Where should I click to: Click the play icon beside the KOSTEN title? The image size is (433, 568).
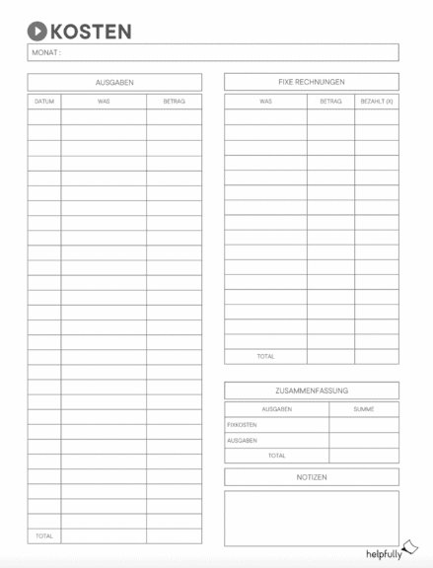[x=37, y=32]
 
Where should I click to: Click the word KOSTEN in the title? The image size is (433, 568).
[x=91, y=32]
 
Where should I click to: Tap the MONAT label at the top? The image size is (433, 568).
[x=45, y=52]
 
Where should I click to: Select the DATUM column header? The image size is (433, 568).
[x=44, y=101]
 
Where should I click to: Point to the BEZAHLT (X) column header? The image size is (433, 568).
[x=377, y=101]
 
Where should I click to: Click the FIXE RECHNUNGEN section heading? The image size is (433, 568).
[x=312, y=82]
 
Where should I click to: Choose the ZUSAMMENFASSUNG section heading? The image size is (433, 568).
[x=312, y=390]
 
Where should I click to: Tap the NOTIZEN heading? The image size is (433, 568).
[x=312, y=477]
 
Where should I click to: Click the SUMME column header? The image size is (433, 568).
[x=364, y=409]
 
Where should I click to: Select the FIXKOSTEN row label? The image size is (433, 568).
[x=242, y=425]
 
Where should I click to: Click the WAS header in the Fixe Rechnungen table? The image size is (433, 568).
[x=265, y=101]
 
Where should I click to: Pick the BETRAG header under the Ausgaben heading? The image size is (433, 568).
[x=174, y=101]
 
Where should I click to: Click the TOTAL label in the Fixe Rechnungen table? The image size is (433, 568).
[x=265, y=356]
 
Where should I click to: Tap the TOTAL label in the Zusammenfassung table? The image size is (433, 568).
[x=277, y=456]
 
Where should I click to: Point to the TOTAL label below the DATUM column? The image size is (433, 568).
[x=44, y=535]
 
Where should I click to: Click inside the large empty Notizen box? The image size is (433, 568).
[x=312, y=518]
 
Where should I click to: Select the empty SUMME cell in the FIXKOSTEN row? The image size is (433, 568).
[x=364, y=425]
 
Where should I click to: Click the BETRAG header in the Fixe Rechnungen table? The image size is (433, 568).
[x=331, y=101]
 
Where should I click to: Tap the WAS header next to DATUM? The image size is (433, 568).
[x=104, y=101]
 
